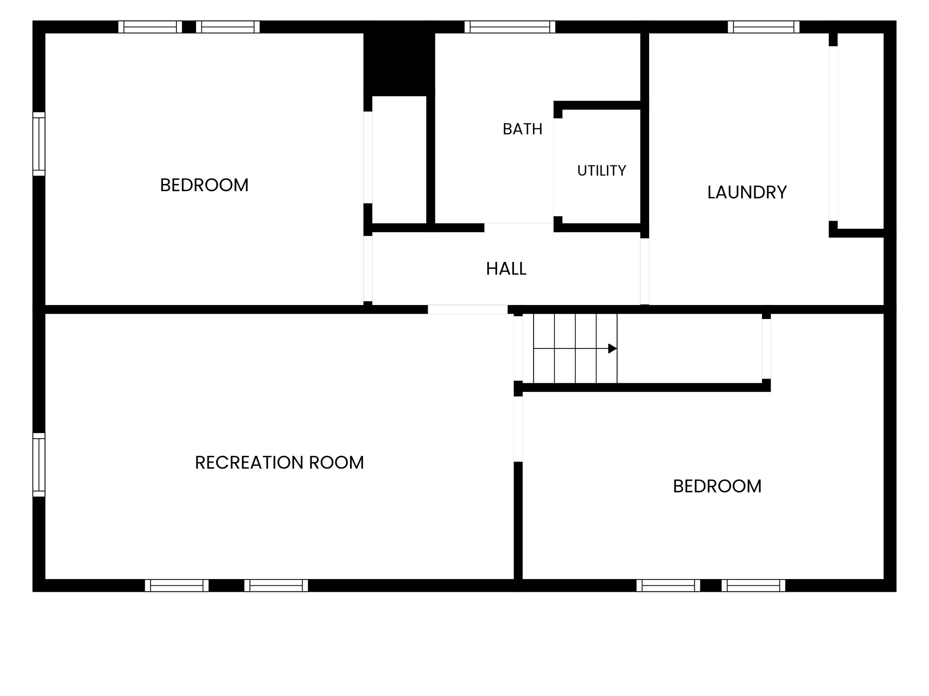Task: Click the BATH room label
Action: coord(522,129)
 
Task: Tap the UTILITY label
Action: coord(601,171)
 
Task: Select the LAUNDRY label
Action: coord(747,192)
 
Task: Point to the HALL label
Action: coord(506,269)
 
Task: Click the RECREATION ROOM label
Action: coord(279,463)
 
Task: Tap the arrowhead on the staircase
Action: coord(612,348)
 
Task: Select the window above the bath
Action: coord(510,27)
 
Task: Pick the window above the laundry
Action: coord(764,27)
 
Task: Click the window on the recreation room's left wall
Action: coord(39,464)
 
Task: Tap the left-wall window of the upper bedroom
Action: coord(39,144)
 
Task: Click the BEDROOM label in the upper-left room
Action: coord(204,185)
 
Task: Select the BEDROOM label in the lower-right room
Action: coord(717,486)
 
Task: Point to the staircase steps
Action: coord(575,348)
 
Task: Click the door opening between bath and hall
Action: coord(519,227)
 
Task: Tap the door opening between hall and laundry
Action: coord(645,271)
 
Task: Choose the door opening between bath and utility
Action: coord(558,167)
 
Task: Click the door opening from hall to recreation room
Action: coord(468,309)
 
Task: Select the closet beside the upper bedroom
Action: coord(399,159)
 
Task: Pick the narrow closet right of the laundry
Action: coord(861,131)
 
